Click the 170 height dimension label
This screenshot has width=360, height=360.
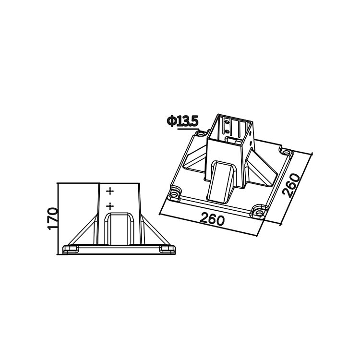click(x=52, y=218)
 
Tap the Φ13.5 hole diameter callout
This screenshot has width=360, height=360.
click(x=182, y=121)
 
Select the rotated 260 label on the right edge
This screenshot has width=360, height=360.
click(x=291, y=185)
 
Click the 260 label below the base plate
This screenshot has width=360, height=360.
click(x=212, y=219)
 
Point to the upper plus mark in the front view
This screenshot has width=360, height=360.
click(x=110, y=191)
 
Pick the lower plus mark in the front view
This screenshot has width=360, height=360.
click(x=110, y=206)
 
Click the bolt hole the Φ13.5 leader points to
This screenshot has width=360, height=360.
click(x=201, y=133)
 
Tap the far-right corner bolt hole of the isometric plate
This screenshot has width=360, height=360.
click(x=286, y=153)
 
